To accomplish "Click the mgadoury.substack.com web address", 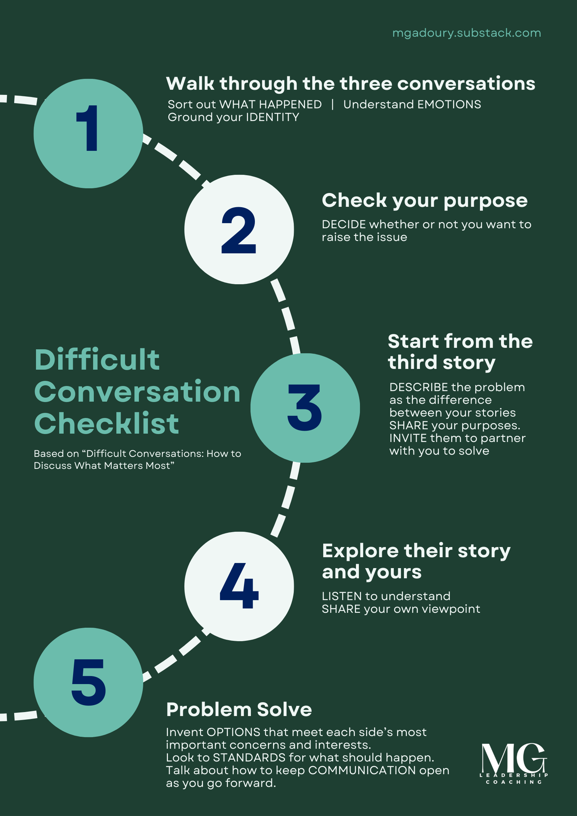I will coord(466,33).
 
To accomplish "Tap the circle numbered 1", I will coord(88,133).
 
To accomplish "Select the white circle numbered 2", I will coord(239,229).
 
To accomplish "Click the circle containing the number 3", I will coord(305,408).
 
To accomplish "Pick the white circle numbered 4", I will coord(239,586).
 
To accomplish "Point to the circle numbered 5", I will coord(88,682).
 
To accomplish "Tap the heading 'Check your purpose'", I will coord(424,200).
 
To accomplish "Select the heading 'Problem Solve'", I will coord(239,710).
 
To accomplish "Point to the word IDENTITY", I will coord(272,117).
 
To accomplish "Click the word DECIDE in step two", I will coord(344,225).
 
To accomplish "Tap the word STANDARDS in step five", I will coord(249,757).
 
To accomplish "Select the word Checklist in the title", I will coord(107,424).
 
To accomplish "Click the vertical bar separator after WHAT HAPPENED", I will coord(332,105).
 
